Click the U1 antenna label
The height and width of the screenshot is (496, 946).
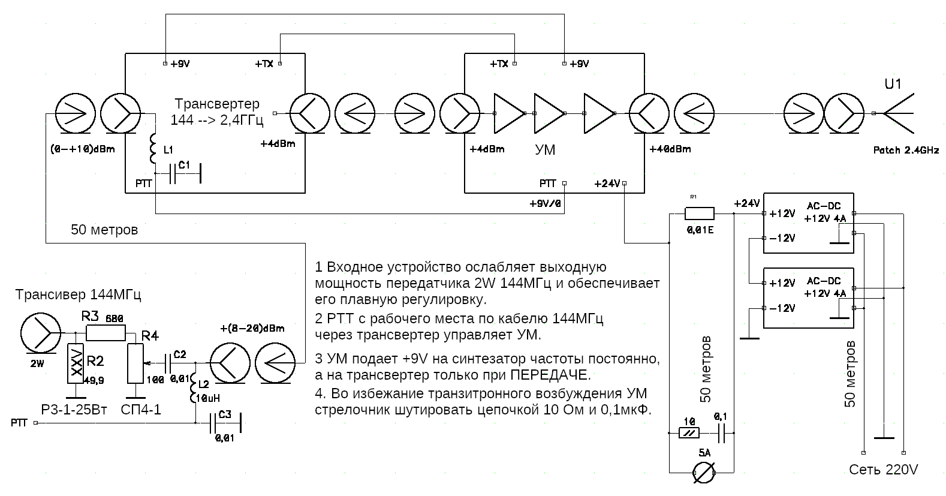pyautogui.click(x=893, y=84)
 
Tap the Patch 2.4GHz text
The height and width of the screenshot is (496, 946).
pyautogui.click(x=906, y=151)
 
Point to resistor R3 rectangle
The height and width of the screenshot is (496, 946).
pyautogui.click(x=106, y=333)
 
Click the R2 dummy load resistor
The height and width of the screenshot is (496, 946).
pyautogui.click(x=76, y=363)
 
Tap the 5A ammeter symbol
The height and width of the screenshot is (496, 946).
pyautogui.click(x=703, y=472)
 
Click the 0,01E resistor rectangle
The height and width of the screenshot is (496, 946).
pyautogui.click(x=699, y=213)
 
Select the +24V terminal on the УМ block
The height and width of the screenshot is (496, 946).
pyautogui.click(x=624, y=183)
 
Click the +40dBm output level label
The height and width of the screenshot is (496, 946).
pyautogui.click(x=670, y=149)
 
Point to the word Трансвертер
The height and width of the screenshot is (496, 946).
pyautogui.click(x=217, y=104)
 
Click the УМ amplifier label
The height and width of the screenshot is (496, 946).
pyautogui.click(x=545, y=150)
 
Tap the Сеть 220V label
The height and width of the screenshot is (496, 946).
pyautogui.click(x=883, y=470)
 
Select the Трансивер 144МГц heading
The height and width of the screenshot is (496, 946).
pyautogui.click(x=78, y=294)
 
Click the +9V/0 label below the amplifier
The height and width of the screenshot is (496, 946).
pyautogui.click(x=545, y=204)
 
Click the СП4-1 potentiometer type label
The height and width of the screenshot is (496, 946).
pyautogui.click(x=140, y=410)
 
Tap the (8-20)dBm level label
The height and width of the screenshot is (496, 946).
pyautogui.click(x=252, y=328)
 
